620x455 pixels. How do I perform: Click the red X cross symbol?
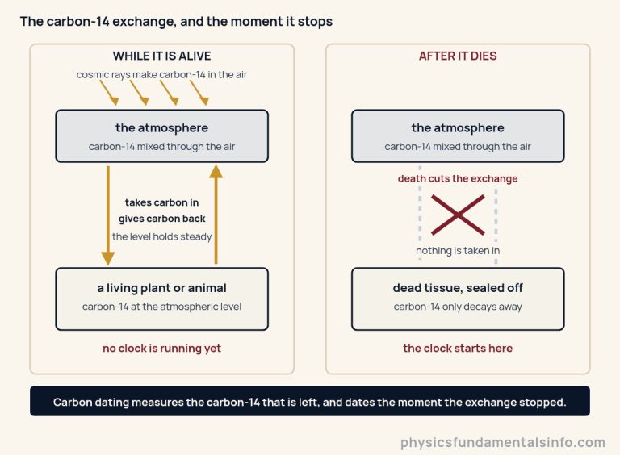[x=458, y=215]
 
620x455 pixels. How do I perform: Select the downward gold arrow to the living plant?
[x=108, y=215]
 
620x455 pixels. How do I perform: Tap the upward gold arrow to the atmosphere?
[x=216, y=214]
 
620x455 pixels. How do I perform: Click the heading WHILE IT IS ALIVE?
[x=161, y=56]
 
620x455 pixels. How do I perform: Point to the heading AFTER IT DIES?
[x=458, y=56]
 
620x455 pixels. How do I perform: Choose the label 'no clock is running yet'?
[x=161, y=348]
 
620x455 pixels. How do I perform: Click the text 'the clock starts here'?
[x=458, y=348]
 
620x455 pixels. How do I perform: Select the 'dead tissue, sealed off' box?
[x=458, y=299]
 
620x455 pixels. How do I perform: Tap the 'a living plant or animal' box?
[x=161, y=299]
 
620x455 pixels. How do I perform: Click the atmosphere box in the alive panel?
[x=161, y=136]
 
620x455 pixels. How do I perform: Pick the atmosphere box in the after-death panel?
[x=458, y=136]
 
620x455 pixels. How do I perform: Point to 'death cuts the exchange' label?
[x=458, y=178]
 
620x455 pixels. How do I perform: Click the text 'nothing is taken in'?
[x=458, y=250]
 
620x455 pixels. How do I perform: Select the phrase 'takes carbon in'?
[x=161, y=202]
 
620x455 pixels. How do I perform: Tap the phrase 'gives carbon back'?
[x=161, y=219]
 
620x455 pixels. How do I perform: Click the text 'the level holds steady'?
[x=161, y=236]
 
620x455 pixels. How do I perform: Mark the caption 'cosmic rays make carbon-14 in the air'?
[x=161, y=75]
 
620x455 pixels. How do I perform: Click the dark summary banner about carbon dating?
[x=310, y=401]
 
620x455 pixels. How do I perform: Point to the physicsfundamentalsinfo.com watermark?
[x=503, y=442]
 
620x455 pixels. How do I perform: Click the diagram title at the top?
[x=176, y=21]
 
